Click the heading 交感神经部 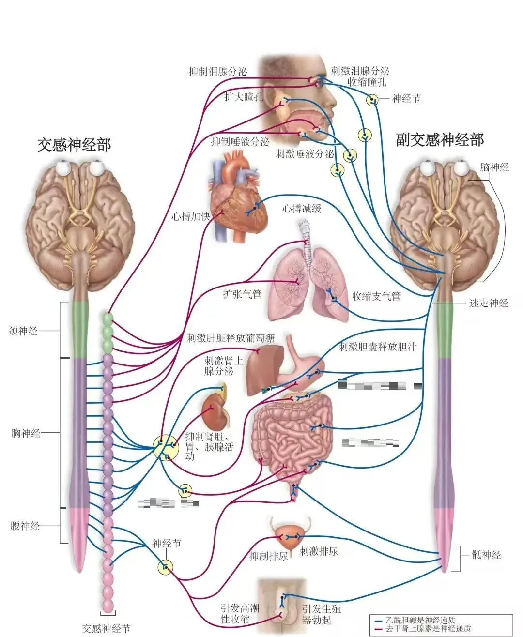point(74,144)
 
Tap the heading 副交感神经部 point(440,140)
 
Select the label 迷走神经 point(488,303)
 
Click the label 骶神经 point(486,555)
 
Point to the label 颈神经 point(23,331)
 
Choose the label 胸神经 point(26,433)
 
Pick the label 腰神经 point(25,526)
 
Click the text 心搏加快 point(191,216)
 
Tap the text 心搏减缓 point(302,208)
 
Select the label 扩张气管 point(242,294)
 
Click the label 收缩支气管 point(376,296)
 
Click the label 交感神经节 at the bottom point(106,628)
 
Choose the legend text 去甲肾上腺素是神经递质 point(428,629)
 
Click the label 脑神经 point(494,167)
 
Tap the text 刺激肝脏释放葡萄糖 point(231,338)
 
